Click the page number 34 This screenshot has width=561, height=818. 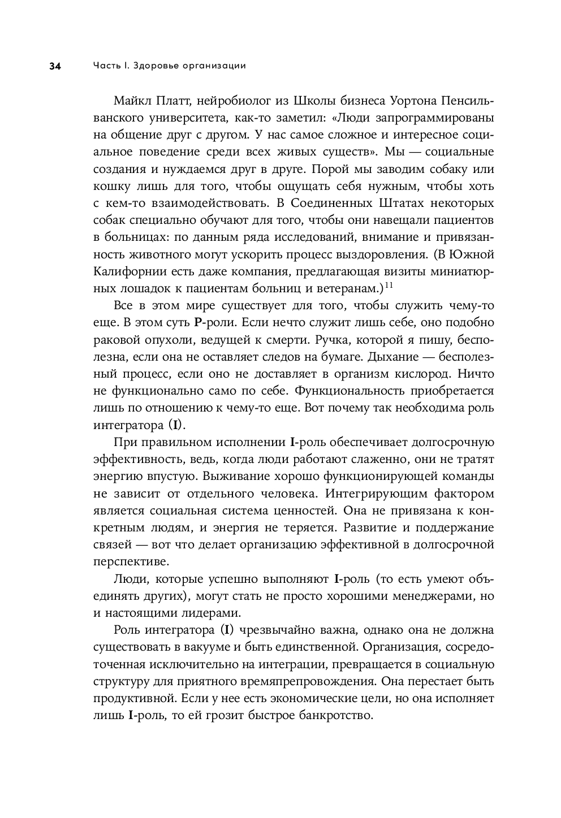tap(55, 66)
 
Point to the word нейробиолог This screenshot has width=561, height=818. tap(234, 101)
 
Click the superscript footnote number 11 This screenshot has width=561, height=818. tap(389, 285)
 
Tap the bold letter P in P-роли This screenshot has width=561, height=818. tap(197, 323)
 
